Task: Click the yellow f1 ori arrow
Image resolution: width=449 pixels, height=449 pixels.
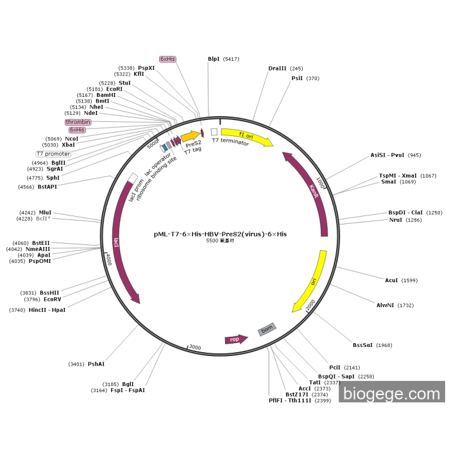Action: [x=247, y=137]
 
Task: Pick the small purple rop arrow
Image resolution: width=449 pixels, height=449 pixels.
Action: [x=235, y=339]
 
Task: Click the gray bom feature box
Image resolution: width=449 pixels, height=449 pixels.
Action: [x=266, y=329]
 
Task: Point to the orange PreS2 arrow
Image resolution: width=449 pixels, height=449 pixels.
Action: [x=191, y=137]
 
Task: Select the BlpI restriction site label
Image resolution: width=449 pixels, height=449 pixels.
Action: [x=214, y=59]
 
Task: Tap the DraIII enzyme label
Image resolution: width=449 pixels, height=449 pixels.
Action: [x=277, y=69]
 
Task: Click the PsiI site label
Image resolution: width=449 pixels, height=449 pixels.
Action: [x=297, y=78]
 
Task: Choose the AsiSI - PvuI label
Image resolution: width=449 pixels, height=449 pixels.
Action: [x=387, y=155]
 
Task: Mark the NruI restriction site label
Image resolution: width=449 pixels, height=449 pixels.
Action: [x=396, y=220]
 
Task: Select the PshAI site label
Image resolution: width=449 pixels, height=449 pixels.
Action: [x=96, y=364]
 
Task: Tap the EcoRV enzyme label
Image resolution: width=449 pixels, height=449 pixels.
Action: [x=53, y=299]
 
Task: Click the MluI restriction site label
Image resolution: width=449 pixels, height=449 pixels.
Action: [x=45, y=212]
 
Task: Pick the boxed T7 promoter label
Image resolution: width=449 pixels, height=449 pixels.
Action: [x=53, y=154]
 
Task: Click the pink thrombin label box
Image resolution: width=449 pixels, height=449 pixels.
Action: [x=78, y=122]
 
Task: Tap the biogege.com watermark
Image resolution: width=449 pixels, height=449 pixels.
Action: [x=391, y=393]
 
